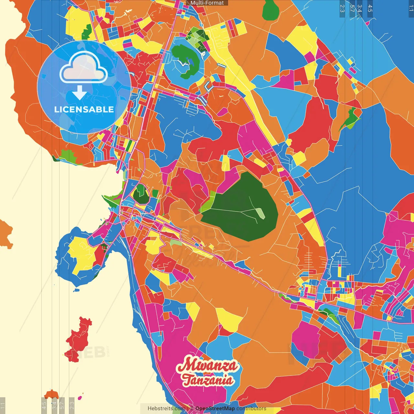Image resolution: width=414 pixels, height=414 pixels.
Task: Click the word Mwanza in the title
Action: click(207, 365)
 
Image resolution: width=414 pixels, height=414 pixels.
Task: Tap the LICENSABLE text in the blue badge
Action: click(84, 109)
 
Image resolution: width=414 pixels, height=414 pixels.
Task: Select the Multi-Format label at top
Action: click(207, 3)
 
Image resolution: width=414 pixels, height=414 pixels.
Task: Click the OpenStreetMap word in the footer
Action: click(215, 409)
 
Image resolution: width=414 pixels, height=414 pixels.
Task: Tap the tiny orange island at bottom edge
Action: click(51, 394)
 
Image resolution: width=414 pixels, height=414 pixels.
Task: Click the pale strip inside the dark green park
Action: click(260, 213)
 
